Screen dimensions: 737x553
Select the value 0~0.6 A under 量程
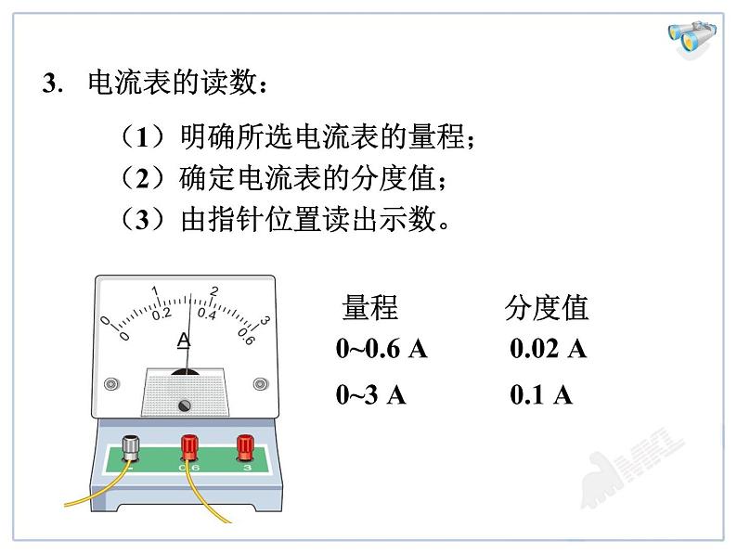pyautogui.click(x=381, y=349)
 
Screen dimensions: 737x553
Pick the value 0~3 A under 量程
pyautogui.click(x=370, y=394)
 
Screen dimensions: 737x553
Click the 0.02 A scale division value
pyautogui.click(x=548, y=349)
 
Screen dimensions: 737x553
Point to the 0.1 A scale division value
pyautogui.click(x=541, y=394)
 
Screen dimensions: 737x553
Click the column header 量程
pyautogui.click(x=370, y=308)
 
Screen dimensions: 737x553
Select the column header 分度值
pyautogui.click(x=547, y=308)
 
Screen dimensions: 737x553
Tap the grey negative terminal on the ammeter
pyautogui.click(x=131, y=449)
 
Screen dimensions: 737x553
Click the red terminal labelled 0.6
pyautogui.click(x=189, y=447)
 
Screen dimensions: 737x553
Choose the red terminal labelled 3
pyautogui.click(x=245, y=447)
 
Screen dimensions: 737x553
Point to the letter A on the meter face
pyautogui.click(x=184, y=341)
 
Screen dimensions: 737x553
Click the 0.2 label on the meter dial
pyautogui.click(x=162, y=315)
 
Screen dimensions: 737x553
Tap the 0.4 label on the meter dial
pyautogui.click(x=206, y=314)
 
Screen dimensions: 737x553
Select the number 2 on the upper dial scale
pyautogui.click(x=213, y=291)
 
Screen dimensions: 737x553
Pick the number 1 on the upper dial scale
pyautogui.click(x=155, y=290)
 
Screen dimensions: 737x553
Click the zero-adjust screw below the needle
pyautogui.click(x=184, y=405)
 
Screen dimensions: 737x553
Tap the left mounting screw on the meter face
pyautogui.click(x=111, y=384)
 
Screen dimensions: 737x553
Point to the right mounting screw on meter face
pyautogui.click(x=261, y=384)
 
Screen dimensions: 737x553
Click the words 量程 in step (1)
pyautogui.click(x=437, y=136)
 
